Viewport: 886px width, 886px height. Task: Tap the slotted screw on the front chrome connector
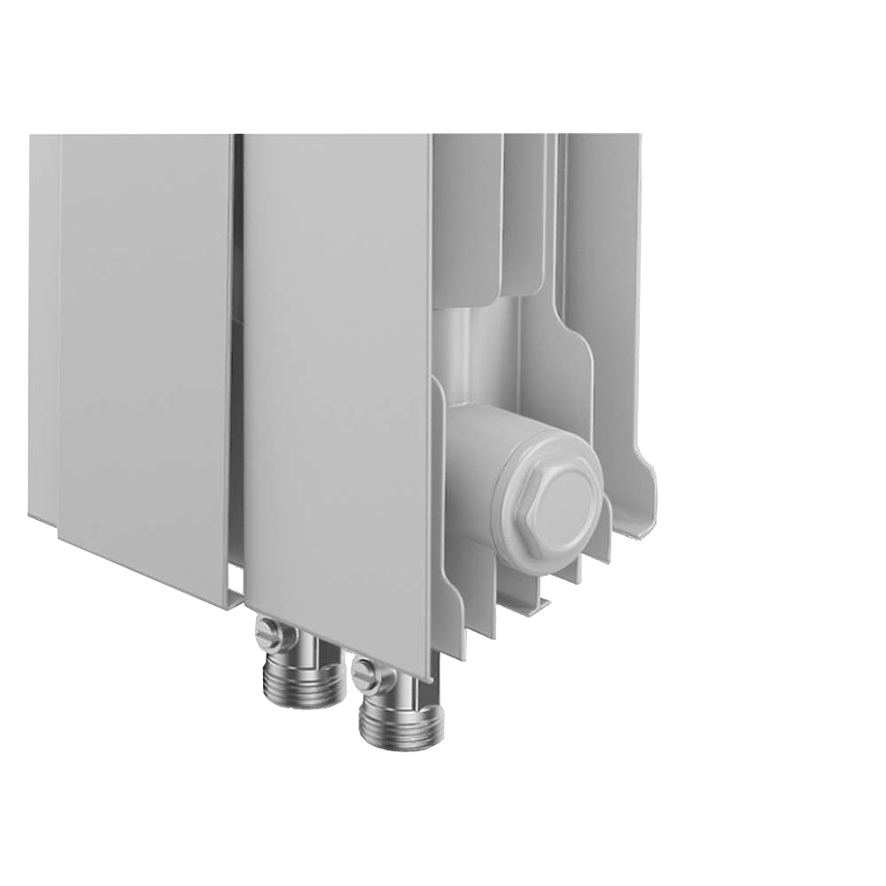click(365, 675)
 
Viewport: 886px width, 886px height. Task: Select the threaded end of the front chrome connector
click(400, 726)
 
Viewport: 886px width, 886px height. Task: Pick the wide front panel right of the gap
click(337, 372)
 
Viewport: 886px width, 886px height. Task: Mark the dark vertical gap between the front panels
click(238, 354)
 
